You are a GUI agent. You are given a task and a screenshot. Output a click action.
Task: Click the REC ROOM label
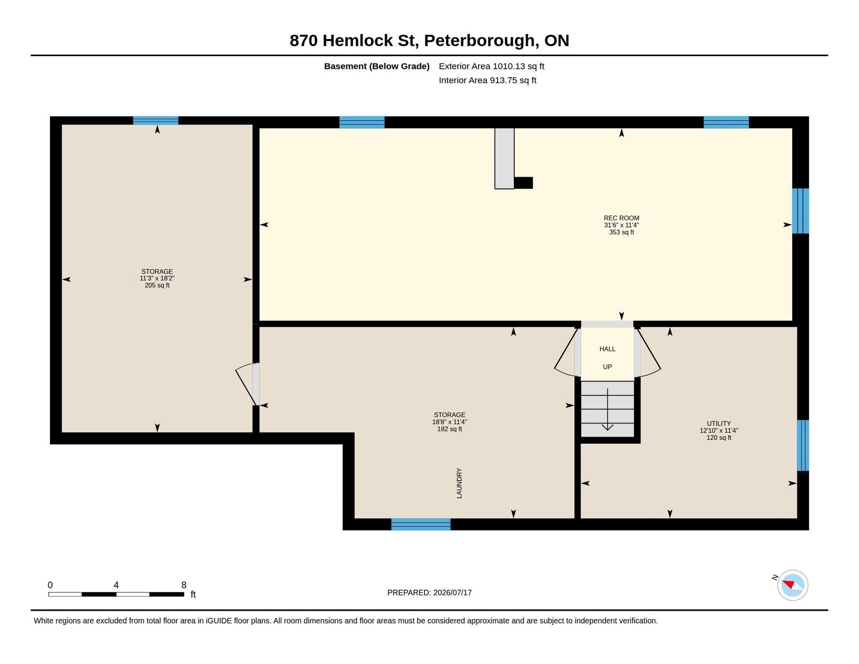(621, 218)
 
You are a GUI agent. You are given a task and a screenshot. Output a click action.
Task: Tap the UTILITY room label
(718, 423)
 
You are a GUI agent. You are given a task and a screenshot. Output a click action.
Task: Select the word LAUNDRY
(459, 483)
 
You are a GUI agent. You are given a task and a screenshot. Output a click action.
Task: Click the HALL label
(607, 349)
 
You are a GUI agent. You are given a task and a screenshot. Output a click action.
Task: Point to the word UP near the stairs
(607, 367)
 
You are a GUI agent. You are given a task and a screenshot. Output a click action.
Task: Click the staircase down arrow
(607, 409)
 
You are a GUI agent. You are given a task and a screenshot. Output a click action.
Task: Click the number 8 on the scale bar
(184, 585)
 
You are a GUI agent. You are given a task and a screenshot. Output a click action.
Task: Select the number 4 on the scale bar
(116, 585)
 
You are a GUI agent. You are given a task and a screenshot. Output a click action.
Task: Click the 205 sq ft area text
(157, 285)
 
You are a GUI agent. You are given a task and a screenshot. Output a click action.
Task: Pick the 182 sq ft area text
(450, 429)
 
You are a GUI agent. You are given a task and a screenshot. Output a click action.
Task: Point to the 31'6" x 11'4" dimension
(621, 225)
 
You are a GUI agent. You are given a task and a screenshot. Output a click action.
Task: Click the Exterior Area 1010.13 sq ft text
(492, 66)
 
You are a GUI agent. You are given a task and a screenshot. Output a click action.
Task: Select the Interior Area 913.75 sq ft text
(488, 80)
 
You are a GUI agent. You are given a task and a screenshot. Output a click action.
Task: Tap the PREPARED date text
(429, 593)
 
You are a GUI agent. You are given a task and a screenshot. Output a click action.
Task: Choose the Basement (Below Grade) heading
(377, 66)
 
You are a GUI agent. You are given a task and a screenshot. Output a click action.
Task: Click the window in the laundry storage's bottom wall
(421, 524)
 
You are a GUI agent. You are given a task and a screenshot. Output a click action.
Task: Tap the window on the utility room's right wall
(803, 445)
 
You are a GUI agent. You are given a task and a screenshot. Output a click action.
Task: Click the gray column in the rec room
(504, 158)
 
